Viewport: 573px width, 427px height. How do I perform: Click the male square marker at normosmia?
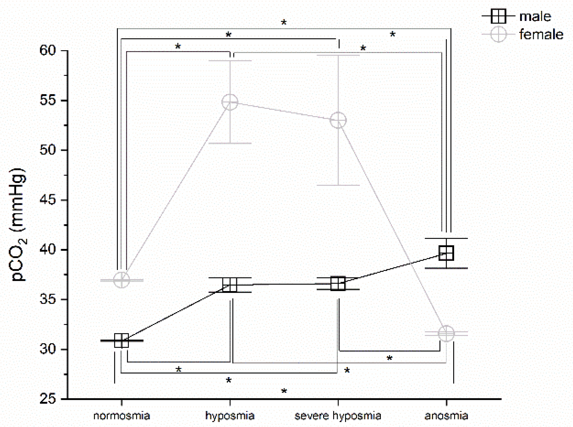pyautogui.click(x=122, y=341)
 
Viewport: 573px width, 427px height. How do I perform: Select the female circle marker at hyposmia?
pyautogui.click(x=230, y=102)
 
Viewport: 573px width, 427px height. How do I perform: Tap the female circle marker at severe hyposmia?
pyautogui.click(x=338, y=120)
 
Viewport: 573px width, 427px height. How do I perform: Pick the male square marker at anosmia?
pyautogui.click(x=446, y=253)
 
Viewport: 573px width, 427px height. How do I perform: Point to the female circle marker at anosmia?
pyautogui.click(x=446, y=334)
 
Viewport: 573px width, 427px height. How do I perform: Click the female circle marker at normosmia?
pyautogui.click(x=122, y=280)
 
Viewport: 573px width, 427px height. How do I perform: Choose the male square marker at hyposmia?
pyautogui.click(x=230, y=285)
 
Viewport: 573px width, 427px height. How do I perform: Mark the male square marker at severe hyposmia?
pyautogui.click(x=338, y=284)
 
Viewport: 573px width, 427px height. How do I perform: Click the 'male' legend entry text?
pyautogui.click(x=535, y=17)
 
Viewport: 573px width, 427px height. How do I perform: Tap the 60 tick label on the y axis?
pyautogui.click(x=48, y=50)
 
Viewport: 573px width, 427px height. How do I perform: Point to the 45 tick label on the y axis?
pyautogui.click(x=48, y=200)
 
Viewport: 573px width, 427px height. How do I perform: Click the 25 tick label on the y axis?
pyautogui.click(x=48, y=399)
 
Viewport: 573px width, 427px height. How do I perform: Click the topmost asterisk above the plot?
pyautogui.click(x=284, y=22)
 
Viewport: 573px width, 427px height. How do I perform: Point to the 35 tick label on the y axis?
pyautogui.click(x=48, y=299)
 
